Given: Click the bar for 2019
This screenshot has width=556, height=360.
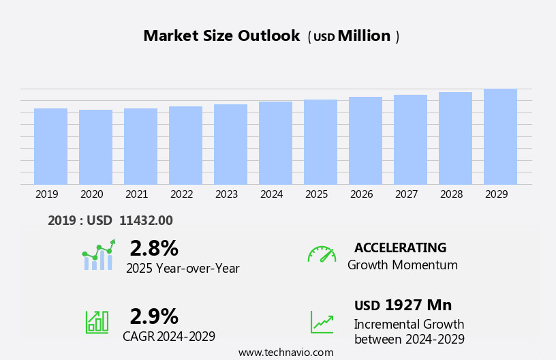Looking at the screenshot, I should point(50,146).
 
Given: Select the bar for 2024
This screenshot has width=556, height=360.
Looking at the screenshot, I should point(275,143).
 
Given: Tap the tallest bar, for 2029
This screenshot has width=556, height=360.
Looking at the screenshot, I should point(500,136).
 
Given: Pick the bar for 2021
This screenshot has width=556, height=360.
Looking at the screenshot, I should point(140,146).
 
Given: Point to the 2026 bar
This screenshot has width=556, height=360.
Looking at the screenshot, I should point(365,140).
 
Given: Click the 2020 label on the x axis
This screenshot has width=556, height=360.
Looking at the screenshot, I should point(91,194).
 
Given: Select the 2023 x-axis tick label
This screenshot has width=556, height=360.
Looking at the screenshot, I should point(226,194).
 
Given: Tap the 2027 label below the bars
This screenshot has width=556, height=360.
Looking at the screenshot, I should point(406,194).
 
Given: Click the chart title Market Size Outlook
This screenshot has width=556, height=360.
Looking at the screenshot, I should point(221,36).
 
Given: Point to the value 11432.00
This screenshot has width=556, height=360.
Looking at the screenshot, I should point(146,220).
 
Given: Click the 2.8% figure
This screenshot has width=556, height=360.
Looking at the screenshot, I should point(154,248).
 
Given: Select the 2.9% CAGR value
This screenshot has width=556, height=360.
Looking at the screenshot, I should point(154,316).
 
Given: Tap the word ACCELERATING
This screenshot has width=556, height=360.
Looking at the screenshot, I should point(400,247).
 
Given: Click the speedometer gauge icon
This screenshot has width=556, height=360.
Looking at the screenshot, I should point(322,254).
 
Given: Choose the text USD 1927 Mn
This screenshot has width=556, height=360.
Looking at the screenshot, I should point(403,305).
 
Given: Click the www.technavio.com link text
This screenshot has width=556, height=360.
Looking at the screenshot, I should point(285,352).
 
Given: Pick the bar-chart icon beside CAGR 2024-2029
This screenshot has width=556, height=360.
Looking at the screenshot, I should point(97,321).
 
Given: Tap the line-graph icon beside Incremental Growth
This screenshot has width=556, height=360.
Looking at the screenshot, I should point(322,322).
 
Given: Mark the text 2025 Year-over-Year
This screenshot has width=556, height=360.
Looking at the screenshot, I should point(183,269).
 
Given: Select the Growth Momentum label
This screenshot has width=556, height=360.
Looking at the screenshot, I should point(402,265).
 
